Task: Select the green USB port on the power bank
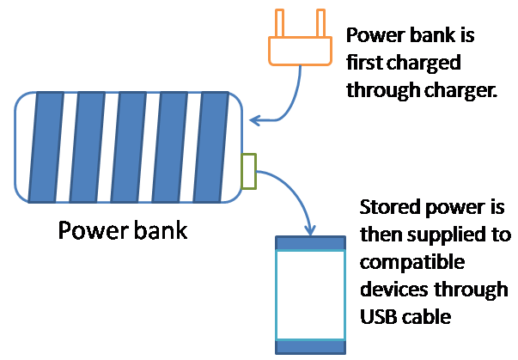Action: pyautogui.click(x=249, y=170)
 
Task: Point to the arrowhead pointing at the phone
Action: pyautogui.click(x=308, y=230)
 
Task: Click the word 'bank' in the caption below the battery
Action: pyautogui.click(x=155, y=230)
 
